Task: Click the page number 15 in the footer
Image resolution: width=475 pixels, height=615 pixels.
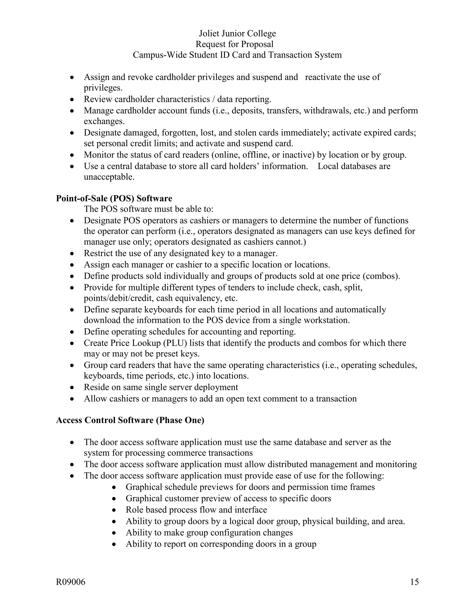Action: [x=414, y=582]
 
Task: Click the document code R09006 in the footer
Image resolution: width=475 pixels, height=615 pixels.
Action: [x=71, y=582]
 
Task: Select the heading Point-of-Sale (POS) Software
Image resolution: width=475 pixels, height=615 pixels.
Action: [x=114, y=198]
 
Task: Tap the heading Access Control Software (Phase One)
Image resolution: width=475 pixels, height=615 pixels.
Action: [x=130, y=420]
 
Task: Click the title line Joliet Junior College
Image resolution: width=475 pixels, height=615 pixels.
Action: [x=237, y=33]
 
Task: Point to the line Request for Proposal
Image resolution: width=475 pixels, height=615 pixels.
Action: [x=234, y=44]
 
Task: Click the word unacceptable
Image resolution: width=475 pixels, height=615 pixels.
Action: [x=109, y=177]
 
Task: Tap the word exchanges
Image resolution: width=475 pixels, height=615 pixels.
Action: [x=104, y=121]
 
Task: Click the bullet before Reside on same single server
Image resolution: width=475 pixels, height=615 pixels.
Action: [x=72, y=388]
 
